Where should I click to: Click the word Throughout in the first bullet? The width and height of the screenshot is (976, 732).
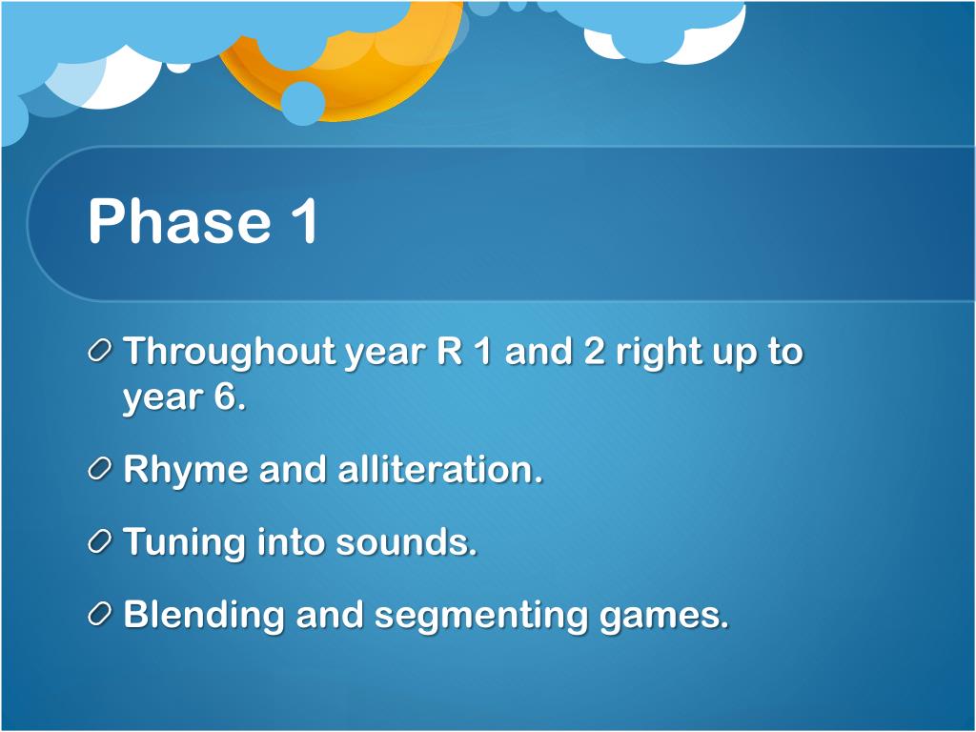230,353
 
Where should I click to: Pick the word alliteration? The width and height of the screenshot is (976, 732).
440,469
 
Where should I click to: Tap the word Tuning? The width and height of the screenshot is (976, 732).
184,542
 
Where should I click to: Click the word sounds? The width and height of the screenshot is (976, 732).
406,541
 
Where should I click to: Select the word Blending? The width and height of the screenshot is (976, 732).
204,616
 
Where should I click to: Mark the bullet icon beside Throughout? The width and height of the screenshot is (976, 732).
99,352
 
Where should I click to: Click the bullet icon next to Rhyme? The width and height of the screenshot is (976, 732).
99,469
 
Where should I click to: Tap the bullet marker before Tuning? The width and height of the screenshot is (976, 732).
99,541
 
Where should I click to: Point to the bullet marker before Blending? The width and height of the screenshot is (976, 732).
99,615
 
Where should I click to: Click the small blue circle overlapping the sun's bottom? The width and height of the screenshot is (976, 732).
302,103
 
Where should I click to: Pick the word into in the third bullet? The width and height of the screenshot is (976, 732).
291,541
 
